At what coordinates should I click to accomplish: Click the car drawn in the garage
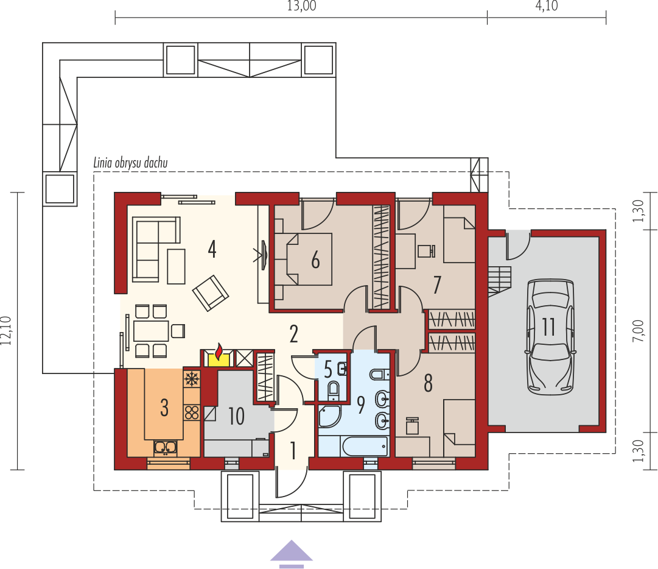point(550,338)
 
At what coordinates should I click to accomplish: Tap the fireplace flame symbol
point(218,352)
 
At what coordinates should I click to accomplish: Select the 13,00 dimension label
point(302,6)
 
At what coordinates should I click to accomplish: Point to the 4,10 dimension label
point(547,6)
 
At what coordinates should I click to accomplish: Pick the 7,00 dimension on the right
point(638,330)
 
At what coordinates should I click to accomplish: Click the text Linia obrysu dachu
point(130,163)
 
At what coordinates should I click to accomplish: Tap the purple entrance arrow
point(291,554)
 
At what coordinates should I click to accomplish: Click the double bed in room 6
point(303,260)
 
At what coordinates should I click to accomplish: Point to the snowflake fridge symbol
point(192,379)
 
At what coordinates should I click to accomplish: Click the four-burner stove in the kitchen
point(192,412)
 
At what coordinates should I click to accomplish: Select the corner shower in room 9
point(329,416)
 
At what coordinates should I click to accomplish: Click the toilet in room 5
point(334,389)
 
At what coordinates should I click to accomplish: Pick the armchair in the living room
point(211,293)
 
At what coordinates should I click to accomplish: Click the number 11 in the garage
point(549,327)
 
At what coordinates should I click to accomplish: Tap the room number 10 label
point(236,415)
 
